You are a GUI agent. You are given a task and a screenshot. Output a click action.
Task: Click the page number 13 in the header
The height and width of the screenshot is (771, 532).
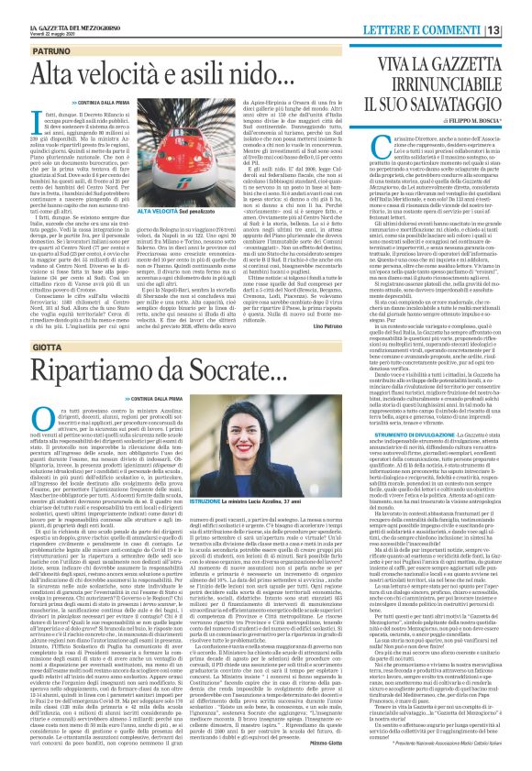pos(518,8)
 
